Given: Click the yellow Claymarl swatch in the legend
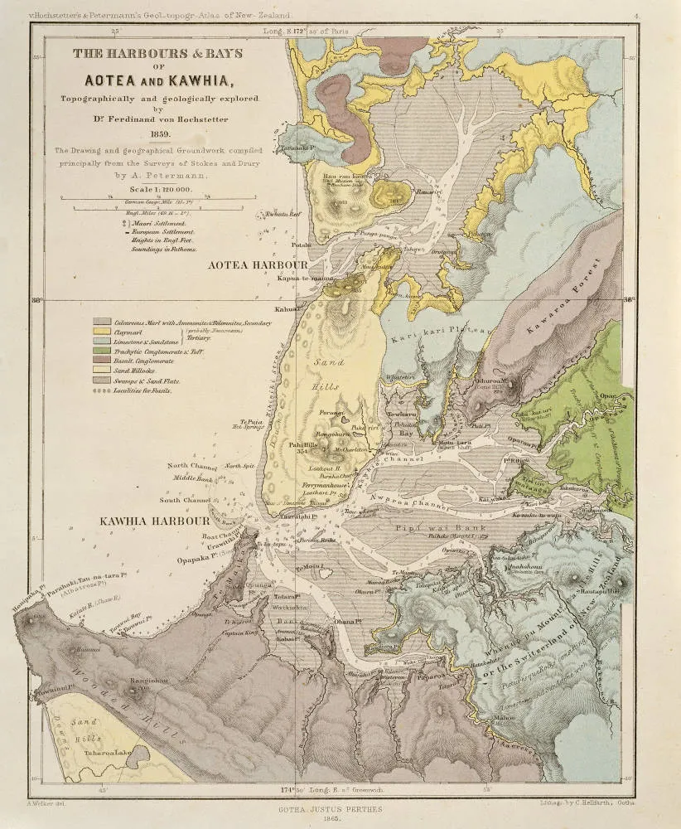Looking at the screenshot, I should [102, 332].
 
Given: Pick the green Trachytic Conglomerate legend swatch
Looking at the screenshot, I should [102, 352].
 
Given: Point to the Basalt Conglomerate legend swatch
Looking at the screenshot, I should [102, 361].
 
